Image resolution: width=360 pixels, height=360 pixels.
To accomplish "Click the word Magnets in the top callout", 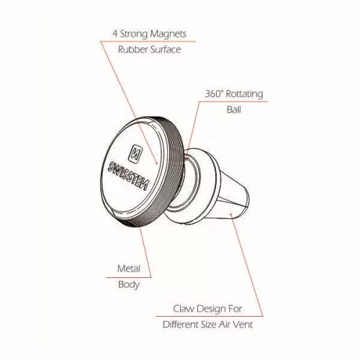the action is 168,34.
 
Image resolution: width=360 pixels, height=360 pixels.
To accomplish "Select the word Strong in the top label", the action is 133,34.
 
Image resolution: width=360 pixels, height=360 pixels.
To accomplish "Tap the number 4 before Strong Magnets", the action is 115,34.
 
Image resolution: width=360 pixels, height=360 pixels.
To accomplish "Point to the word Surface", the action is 166,50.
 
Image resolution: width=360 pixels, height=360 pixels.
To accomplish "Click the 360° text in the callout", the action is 214,94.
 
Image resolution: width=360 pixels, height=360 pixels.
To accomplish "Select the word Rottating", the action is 245,94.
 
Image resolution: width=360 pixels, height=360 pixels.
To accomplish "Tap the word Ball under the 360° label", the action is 234,109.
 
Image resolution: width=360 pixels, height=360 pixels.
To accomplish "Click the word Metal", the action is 129,269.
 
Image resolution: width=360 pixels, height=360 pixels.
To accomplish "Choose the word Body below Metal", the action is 129,285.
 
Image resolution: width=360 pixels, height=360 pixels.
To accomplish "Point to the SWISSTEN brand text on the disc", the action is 128,176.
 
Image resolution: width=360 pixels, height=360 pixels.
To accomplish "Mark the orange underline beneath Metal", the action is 129,277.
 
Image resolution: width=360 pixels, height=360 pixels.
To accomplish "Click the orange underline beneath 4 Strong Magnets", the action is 148,42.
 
